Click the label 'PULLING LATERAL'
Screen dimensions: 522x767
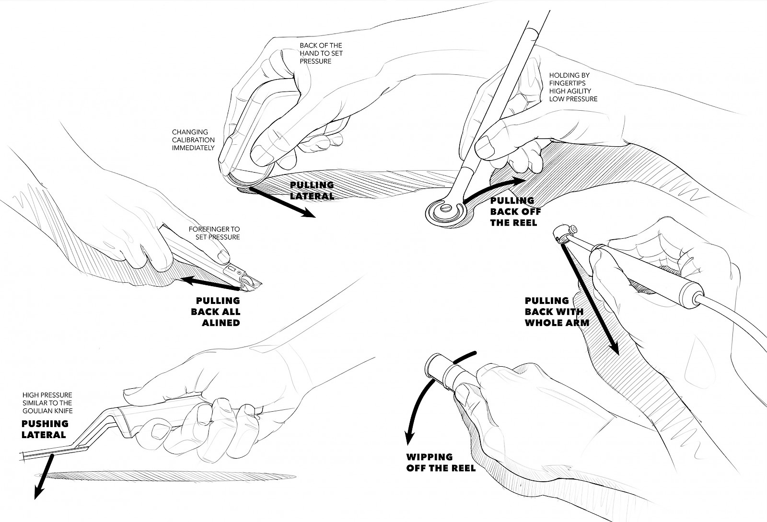(312, 190)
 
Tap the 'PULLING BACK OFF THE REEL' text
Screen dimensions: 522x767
(512, 211)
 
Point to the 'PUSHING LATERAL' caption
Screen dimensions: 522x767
(45, 429)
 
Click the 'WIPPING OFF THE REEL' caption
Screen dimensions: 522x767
(441, 463)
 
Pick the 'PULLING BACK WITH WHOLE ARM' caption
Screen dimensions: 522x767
(556, 312)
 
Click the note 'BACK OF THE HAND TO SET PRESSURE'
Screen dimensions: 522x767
(321, 53)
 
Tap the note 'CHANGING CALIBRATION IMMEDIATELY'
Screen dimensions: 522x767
(193, 139)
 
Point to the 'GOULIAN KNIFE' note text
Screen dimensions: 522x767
(47, 411)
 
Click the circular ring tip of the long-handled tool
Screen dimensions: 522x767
(445, 211)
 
